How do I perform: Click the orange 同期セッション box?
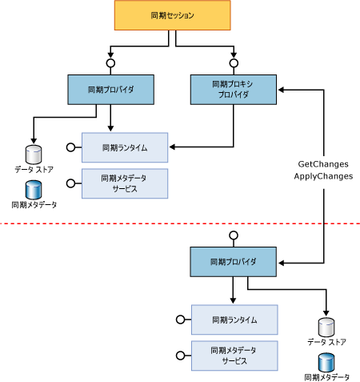[x=173, y=16]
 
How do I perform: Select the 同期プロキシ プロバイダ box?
[x=234, y=89]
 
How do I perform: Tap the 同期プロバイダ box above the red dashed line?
[x=110, y=89]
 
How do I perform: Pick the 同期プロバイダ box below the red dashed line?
[x=233, y=262]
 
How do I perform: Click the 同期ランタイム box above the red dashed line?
[x=125, y=147]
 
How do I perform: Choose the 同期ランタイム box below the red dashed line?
[x=234, y=320]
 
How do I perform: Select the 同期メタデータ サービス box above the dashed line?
[x=125, y=183]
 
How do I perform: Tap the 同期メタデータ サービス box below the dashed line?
[x=234, y=356]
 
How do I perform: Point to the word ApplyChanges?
[x=323, y=176]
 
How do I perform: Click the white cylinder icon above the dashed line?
[x=34, y=153]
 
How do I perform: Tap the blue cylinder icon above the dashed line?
[x=34, y=189]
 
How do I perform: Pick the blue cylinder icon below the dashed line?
[x=326, y=361]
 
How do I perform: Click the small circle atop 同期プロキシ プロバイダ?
[x=234, y=62]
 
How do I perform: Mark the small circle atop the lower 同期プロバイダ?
[x=234, y=235]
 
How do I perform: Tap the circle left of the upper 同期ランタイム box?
[x=71, y=147]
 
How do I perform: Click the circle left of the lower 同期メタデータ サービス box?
[x=179, y=356]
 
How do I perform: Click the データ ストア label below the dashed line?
[x=326, y=342]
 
